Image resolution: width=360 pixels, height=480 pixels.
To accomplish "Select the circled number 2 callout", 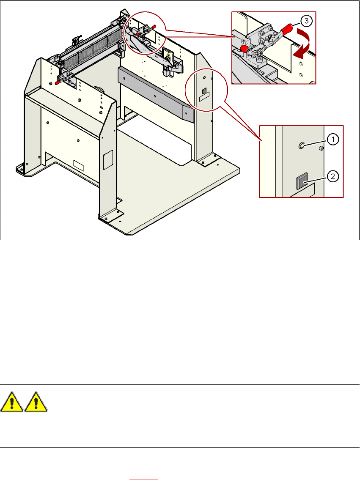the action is pos(333,177).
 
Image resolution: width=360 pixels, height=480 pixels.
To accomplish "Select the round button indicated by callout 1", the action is pos(301,145).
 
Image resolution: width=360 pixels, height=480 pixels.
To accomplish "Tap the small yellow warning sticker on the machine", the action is pos(168,55).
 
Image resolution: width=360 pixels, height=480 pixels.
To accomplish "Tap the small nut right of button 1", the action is pos(321,148).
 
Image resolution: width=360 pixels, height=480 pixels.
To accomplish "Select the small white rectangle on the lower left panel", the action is pos(79,164).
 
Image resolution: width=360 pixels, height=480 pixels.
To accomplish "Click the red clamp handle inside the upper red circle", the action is pos(151,28).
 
